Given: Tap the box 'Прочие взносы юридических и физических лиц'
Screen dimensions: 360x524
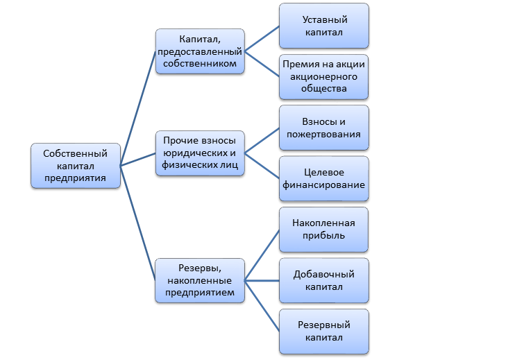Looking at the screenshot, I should pyautogui.click(x=200, y=153).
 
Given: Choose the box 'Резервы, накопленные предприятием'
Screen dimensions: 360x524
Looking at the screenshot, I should pyautogui.click(x=200, y=280).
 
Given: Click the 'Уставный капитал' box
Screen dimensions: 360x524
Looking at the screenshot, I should pyautogui.click(x=323, y=25).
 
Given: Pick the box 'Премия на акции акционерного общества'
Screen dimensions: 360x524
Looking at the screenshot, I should pyautogui.click(x=323, y=76).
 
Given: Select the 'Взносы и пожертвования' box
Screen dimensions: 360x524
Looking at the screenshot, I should pyautogui.click(x=323, y=128).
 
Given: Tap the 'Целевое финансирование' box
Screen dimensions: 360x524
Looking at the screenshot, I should pyautogui.click(x=323, y=179).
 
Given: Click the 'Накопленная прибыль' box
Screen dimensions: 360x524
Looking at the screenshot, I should pyautogui.click(x=323, y=230).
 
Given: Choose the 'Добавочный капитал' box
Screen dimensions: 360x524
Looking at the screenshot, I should pyautogui.click(x=323, y=280).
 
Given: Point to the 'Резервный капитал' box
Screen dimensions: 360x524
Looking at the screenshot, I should pyautogui.click(x=323, y=332).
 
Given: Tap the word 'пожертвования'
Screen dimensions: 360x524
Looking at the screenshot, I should pyautogui.click(x=323, y=134).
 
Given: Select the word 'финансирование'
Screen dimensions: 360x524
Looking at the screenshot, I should pyautogui.click(x=323, y=185).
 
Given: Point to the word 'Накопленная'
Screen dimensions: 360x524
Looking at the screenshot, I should pyautogui.click(x=323, y=223).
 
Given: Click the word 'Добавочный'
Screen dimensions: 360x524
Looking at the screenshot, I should pyautogui.click(x=323, y=274).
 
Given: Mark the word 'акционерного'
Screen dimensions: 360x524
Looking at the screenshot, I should pyautogui.click(x=323, y=76).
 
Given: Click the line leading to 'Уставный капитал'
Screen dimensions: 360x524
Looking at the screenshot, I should pyautogui.click(x=262, y=38).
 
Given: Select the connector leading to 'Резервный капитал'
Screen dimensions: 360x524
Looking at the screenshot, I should pyautogui.click(x=262, y=306).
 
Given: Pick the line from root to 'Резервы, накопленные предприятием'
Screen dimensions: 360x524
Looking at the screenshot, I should pyautogui.click(x=138, y=223).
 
